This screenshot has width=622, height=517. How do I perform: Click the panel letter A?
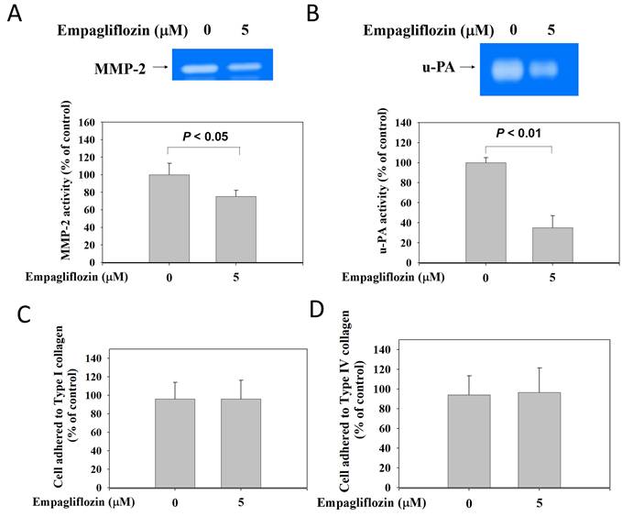click(15, 15)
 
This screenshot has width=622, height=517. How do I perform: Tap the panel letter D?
click(317, 309)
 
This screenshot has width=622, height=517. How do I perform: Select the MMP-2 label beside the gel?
click(120, 69)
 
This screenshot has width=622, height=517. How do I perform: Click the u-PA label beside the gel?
click(439, 67)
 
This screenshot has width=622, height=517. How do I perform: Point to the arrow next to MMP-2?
click(160, 67)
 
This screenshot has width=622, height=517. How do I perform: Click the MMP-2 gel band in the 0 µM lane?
click(200, 69)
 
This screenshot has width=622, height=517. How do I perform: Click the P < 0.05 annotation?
click(205, 137)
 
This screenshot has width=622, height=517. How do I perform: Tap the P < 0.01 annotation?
click(518, 133)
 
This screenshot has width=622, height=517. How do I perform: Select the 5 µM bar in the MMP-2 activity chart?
click(236, 229)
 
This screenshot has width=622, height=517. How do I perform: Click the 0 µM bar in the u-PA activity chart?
click(486, 213)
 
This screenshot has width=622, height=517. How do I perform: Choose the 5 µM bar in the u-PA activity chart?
click(552, 245)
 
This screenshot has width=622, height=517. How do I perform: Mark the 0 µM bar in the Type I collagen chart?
click(175, 443)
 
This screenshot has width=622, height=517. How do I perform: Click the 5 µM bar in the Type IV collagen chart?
click(539, 440)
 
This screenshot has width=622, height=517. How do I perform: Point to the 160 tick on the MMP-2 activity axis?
click(87, 123)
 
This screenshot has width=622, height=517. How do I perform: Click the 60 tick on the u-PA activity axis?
click(404, 203)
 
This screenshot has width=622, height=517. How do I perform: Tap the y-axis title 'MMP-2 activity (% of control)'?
click(66, 181)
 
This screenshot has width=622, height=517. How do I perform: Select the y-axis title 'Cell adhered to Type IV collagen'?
click(344, 401)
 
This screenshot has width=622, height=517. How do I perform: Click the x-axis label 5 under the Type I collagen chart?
click(241, 502)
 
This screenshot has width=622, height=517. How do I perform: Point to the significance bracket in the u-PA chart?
click(518, 147)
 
